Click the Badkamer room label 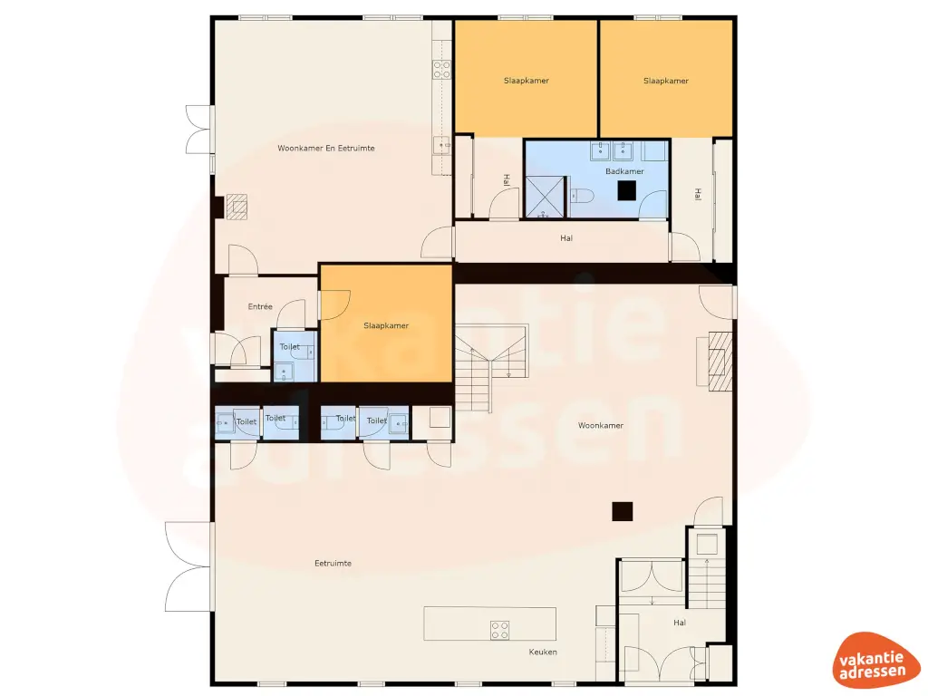tap(624, 170)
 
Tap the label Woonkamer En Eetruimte tap(326, 148)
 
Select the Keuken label tap(543, 652)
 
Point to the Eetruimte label tap(333, 563)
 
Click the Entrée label tap(260, 306)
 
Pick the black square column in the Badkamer tap(626, 190)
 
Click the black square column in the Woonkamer tap(622, 511)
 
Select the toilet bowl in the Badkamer tap(581, 195)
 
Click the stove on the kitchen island tap(499, 630)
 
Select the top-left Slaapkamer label tap(527, 81)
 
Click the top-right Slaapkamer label tap(666, 81)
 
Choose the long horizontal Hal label tap(567, 238)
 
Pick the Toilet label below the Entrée tap(289, 347)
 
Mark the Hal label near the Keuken tap(680, 623)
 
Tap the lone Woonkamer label tap(600, 425)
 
